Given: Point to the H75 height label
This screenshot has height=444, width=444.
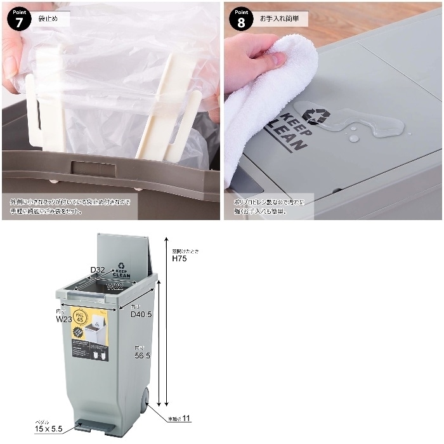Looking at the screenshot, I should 180,259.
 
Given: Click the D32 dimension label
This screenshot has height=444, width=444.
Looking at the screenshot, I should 97,270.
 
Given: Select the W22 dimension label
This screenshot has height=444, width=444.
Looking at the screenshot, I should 114,287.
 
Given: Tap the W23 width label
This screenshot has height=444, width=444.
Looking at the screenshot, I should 64,319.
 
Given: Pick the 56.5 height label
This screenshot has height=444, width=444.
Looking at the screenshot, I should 141,356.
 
